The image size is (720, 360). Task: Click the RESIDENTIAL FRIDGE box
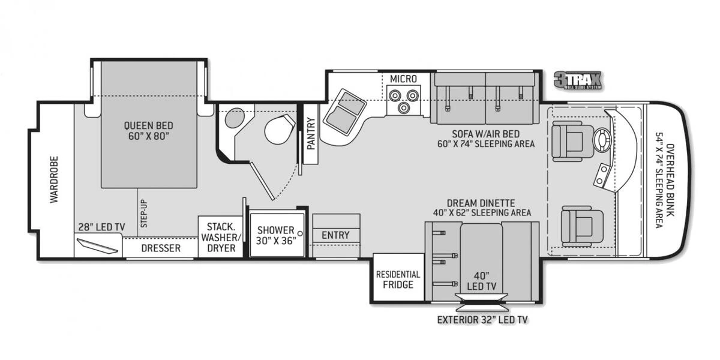398,279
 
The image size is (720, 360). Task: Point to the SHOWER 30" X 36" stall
276,235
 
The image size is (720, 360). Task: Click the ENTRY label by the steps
335,235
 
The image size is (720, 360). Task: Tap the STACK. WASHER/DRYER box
221,237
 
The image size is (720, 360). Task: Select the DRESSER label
161,248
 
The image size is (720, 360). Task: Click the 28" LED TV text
101,226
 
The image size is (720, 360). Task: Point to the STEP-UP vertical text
143,213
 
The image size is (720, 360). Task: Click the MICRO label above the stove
403,79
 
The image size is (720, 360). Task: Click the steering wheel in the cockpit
601,139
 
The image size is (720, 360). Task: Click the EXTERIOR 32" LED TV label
482,320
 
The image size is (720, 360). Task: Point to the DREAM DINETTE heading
481,203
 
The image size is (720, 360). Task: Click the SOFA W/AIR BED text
485,134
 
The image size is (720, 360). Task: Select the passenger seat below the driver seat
577,225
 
